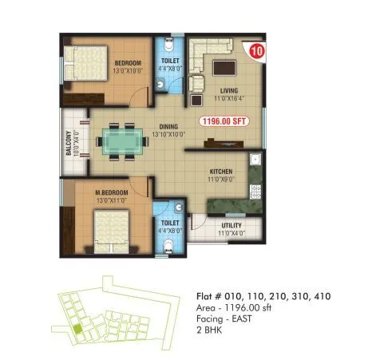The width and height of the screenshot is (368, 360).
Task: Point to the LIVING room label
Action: tap(229, 91)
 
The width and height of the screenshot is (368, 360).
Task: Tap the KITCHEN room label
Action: tap(222, 172)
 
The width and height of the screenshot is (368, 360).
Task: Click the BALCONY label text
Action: tap(69, 149)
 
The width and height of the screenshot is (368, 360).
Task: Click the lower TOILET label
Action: tap(170, 224)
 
